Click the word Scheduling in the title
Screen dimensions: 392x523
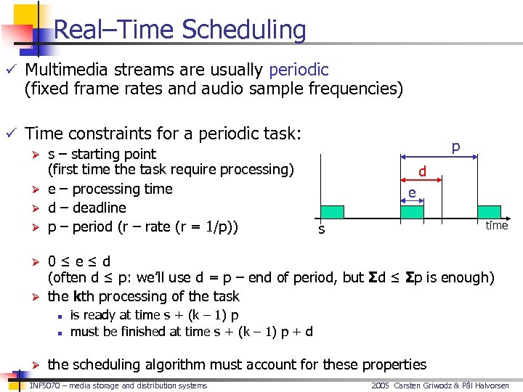coord(243,30)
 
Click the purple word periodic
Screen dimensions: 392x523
coord(299,70)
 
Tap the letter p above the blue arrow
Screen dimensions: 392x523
coord(455,147)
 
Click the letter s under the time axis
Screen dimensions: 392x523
coord(322,229)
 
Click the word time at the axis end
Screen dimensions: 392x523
coord(497,225)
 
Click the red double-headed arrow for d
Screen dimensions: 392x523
coord(421,181)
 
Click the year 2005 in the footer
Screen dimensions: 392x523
coord(381,385)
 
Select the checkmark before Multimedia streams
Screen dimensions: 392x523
coord(9,70)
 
